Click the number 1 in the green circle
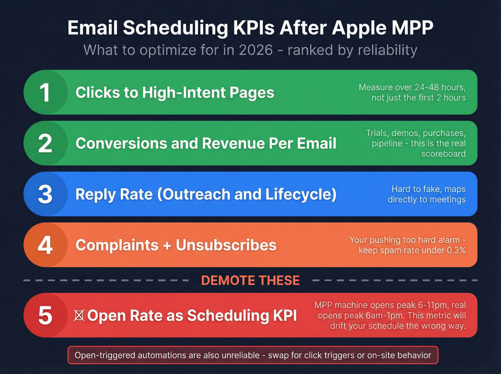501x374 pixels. click(45, 93)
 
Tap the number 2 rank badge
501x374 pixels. click(45, 144)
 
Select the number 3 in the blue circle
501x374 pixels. click(45, 194)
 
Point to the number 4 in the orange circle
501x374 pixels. click(45, 245)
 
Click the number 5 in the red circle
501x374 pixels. click(45, 315)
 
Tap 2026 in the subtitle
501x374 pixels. click(256, 50)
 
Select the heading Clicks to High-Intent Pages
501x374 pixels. click(175, 93)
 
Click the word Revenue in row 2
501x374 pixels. click(233, 144)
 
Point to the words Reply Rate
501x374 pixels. click(114, 194)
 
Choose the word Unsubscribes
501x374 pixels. click(226, 245)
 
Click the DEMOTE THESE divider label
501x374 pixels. click(250, 280)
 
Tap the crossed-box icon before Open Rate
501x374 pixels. click(79, 315)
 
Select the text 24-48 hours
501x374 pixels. click(440, 87)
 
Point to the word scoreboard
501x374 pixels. click(443, 154)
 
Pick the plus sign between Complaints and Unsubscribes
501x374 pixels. click(167, 246)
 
